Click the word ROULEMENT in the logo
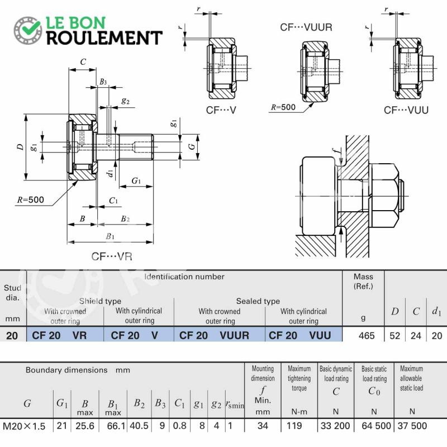(104, 37)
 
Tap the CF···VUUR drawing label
(306, 27)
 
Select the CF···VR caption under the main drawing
(112, 256)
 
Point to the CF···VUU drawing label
(406, 110)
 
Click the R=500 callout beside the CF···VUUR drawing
(283, 107)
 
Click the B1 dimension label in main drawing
(110, 236)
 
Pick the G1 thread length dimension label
(136, 180)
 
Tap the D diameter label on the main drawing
(20, 147)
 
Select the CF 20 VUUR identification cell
(214, 335)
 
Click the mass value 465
(367, 336)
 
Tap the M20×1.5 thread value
(24, 426)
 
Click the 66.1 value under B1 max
(116, 426)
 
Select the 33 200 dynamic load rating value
(335, 426)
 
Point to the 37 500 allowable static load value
(412, 426)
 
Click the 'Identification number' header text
(184, 277)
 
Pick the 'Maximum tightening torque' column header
(299, 378)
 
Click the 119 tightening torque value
(294, 426)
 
